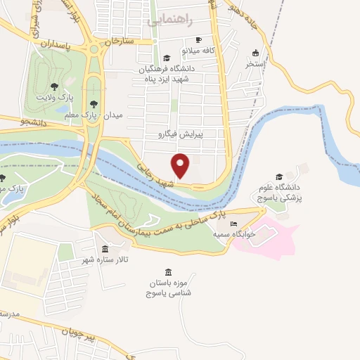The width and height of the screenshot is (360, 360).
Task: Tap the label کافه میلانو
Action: click(199, 51)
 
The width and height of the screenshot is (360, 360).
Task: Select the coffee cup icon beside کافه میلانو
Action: click(199, 40)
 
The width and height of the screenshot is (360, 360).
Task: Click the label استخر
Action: click(255, 63)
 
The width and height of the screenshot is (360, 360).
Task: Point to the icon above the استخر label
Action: click(255, 53)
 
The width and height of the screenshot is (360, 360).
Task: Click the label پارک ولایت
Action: click(55, 96)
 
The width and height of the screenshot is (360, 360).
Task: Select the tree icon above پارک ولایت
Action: click(55, 86)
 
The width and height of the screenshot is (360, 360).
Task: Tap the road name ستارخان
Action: click(118, 41)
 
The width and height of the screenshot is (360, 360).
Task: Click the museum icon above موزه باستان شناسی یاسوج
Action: click(167, 272)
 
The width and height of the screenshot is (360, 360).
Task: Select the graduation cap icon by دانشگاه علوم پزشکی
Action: click(278, 177)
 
